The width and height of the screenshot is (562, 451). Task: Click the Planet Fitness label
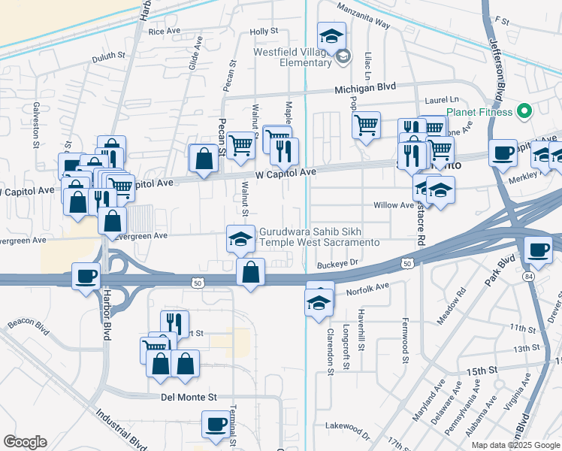479,113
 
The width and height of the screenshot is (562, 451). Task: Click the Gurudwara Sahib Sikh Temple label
319,238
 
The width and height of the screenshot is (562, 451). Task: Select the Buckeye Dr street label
339,265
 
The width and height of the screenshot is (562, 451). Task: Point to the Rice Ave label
165,32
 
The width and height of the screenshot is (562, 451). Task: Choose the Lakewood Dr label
350,431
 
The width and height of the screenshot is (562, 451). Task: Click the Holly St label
264,32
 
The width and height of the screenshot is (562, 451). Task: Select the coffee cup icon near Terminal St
216,424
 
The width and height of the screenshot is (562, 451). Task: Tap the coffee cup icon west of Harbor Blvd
86,276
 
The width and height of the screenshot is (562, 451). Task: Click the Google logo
25,442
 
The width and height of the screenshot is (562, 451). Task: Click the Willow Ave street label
394,205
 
